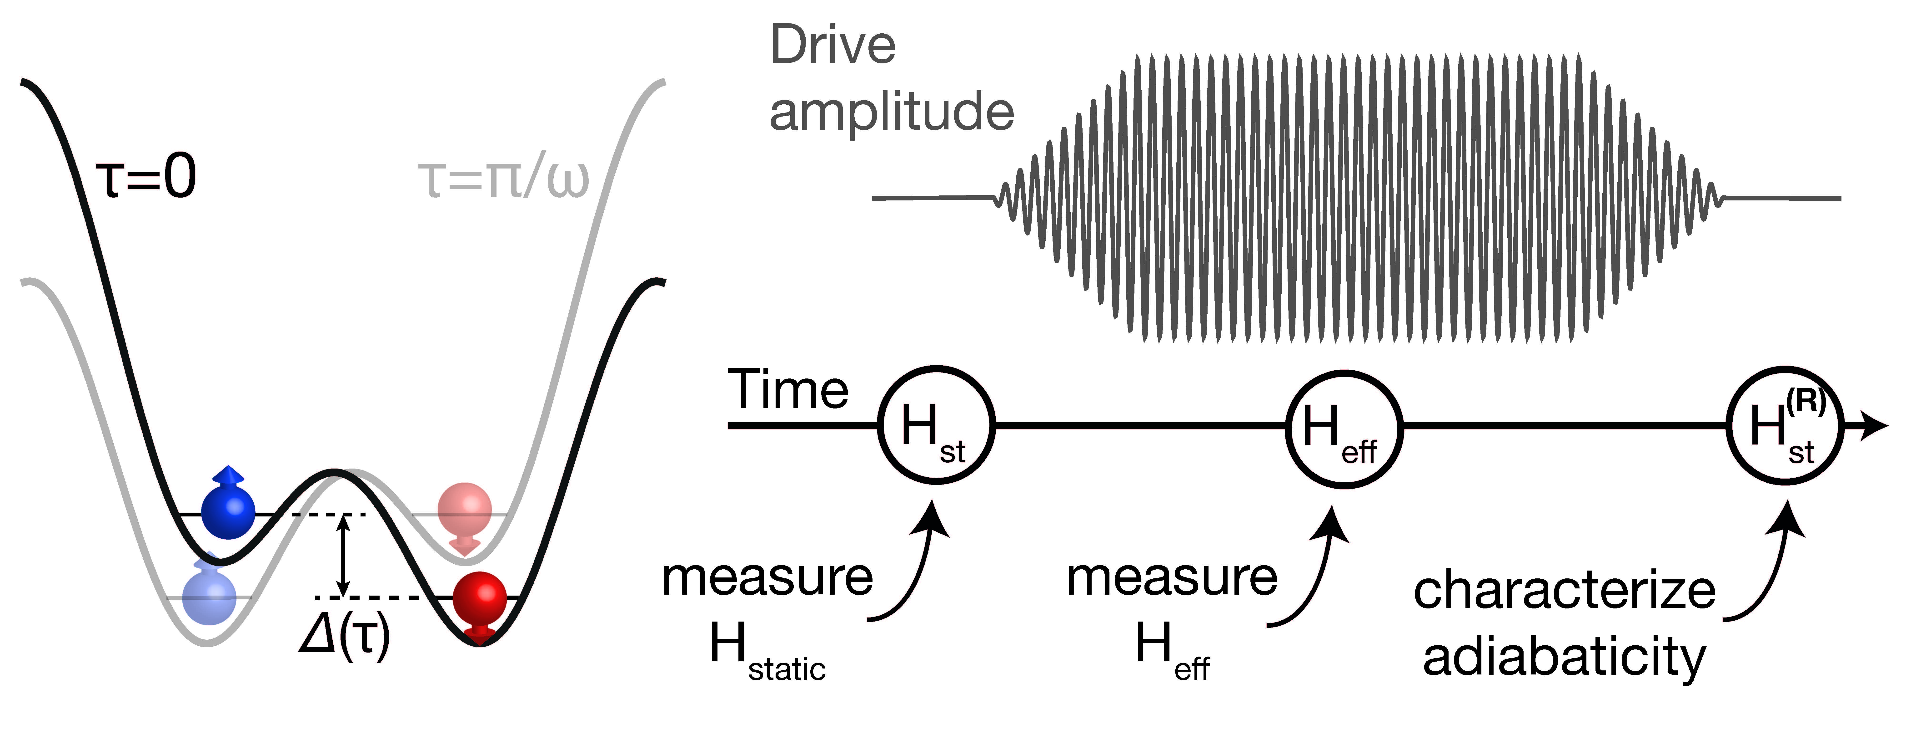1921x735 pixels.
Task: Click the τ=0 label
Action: [x=146, y=178]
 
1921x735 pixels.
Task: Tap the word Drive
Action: [x=833, y=45]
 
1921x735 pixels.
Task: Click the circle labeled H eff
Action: [x=1344, y=428]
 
